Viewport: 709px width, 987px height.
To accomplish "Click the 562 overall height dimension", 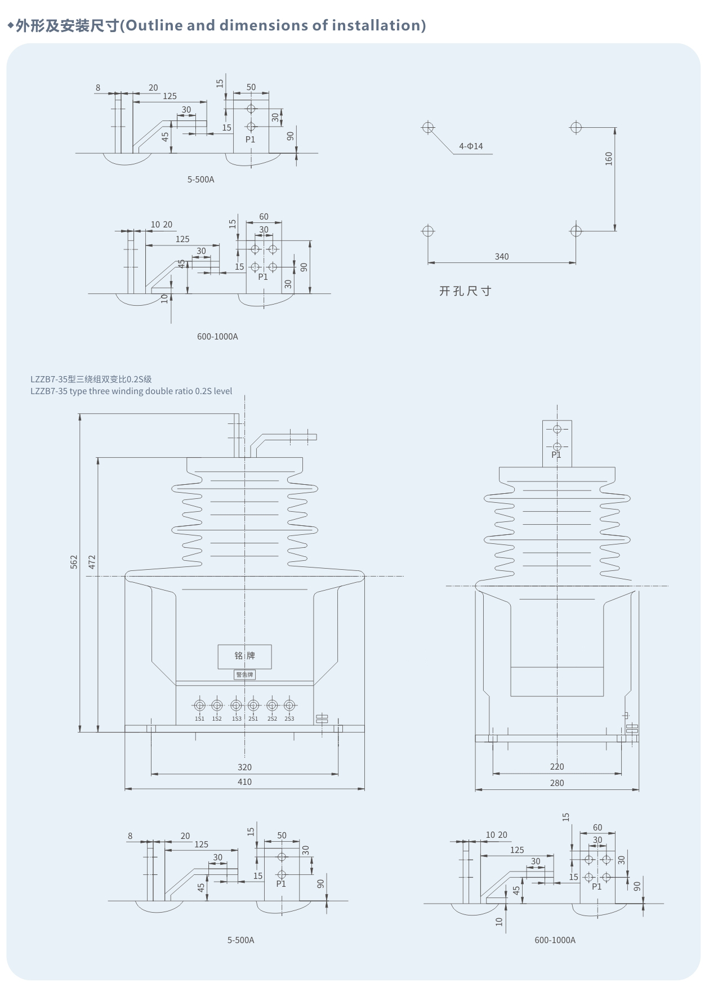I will pyautogui.click(x=74, y=561).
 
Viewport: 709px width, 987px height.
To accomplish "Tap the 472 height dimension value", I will pyautogui.click(x=92, y=561).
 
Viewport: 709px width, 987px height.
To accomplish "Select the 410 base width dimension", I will pyautogui.click(x=244, y=781).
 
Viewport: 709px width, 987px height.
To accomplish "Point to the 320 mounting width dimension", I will pyautogui.click(x=244, y=767).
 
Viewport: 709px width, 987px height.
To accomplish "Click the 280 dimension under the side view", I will pyautogui.click(x=556, y=783).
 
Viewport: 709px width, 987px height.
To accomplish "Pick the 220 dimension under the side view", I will pyautogui.click(x=556, y=766).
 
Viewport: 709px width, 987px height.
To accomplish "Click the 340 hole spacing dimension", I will pyautogui.click(x=501, y=257).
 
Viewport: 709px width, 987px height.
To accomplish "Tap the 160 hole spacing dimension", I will pyautogui.click(x=608, y=158).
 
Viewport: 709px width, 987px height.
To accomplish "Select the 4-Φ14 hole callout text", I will pyautogui.click(x=471, y=146).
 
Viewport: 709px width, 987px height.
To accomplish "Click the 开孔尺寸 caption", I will pyautogui.click(x=465, y=291).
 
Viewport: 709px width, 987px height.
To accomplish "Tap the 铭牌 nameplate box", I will pyautogui.click(x=244, y=656).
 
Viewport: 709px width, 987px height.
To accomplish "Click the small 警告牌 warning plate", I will pyautogui.click(x=244, y=675).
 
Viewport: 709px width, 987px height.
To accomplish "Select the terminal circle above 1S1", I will pyautogui.click(x=199, y=705).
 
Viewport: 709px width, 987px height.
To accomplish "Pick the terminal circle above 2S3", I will pyautogui.click(x=289, y=705).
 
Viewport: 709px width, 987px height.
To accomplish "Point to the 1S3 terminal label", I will pyautogui.click(x=237, y=719).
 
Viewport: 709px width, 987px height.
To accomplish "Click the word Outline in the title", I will pyautogui.click(x=154, y=25).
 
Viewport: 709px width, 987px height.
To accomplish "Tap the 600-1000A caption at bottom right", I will pyautogui.click(x=555, y=940).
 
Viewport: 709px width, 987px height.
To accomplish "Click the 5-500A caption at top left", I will pyautogui.click(x=200, y=180).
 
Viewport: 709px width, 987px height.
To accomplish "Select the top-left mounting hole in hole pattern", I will pyautogui.click(x=428, y=127).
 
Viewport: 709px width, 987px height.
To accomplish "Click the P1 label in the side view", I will pyautogui.click(x=556, y=455).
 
